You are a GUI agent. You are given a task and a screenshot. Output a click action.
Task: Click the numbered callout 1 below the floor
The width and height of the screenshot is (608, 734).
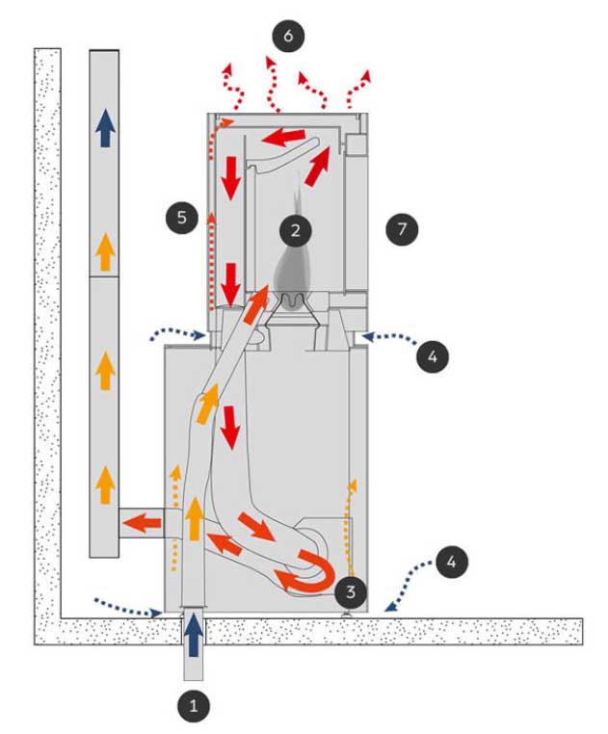194,705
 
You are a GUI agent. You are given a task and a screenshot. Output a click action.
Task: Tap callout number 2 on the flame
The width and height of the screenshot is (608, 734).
295,230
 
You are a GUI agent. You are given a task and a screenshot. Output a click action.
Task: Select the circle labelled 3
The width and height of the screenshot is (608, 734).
351,591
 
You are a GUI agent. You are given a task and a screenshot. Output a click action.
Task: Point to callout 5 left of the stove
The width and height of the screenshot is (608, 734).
182,217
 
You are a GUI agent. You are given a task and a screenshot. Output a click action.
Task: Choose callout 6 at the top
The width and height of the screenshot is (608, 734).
288,36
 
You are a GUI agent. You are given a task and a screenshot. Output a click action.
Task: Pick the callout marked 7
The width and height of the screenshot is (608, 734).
402,229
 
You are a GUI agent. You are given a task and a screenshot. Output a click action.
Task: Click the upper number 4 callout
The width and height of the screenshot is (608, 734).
433,356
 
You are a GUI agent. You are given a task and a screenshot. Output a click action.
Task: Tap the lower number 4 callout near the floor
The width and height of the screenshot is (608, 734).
452,562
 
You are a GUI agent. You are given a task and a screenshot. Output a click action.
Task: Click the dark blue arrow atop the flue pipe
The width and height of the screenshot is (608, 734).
105,128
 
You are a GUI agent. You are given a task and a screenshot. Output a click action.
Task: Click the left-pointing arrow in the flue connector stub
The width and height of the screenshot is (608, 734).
142,524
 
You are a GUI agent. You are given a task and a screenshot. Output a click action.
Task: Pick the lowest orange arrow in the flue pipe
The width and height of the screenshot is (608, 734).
105,485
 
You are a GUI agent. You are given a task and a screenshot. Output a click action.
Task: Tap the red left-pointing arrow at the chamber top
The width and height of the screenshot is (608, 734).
284,137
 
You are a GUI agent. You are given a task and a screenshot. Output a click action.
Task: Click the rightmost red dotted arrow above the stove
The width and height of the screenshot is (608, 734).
358,88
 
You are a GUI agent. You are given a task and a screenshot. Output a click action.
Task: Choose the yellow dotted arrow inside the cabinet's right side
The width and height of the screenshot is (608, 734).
349,527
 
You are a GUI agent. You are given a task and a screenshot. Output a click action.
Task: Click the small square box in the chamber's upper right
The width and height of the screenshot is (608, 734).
356,144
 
